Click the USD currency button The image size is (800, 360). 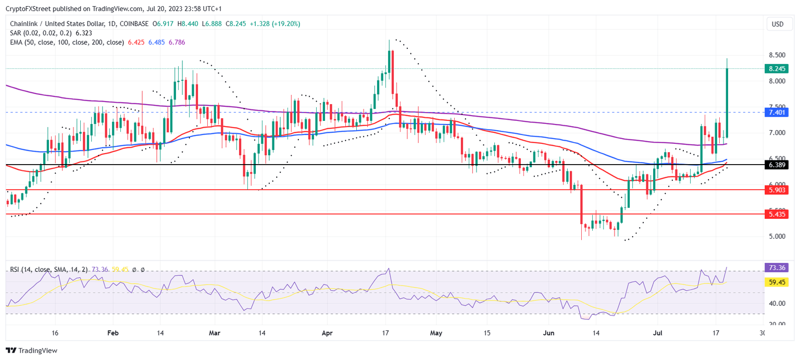point(777,24)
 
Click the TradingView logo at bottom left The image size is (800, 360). point(31,351)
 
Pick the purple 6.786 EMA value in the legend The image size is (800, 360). point(176,42)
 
